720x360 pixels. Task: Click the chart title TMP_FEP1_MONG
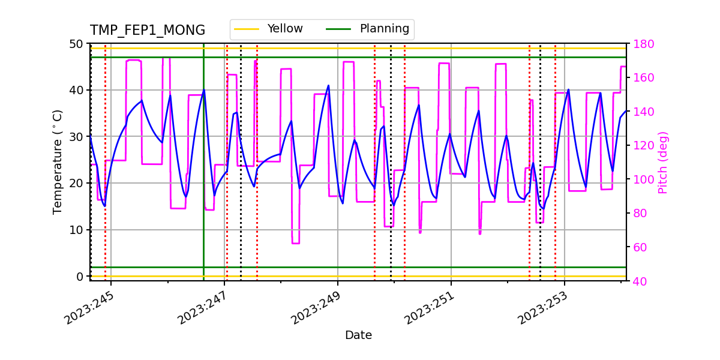tap(148, 31)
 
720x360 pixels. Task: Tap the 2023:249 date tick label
tap(316, 307)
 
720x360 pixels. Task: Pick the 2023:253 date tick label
tap(543, 307)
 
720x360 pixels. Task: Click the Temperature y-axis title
tap(58, 162)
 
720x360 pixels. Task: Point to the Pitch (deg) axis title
tap(663, 162)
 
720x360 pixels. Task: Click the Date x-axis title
tap(358, 335)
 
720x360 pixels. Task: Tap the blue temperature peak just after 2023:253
tap(568, 90)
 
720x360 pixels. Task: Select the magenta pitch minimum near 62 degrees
tap(295, 243)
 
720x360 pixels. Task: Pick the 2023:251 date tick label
tap(430, 307)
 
